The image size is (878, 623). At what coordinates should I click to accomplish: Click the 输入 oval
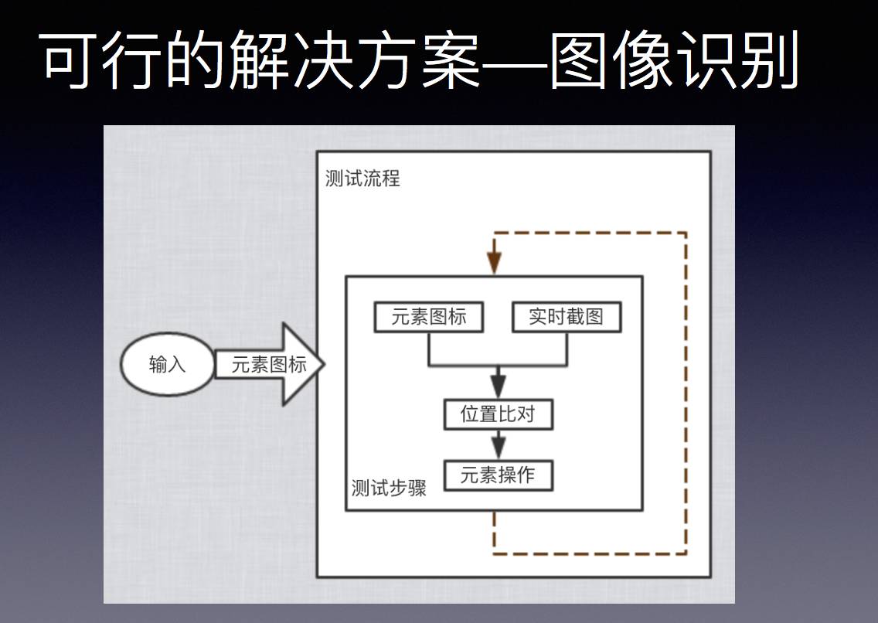(167, 365)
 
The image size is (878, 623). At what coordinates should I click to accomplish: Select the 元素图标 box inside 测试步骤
(429, 317)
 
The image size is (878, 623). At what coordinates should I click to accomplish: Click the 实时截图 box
(566, 317)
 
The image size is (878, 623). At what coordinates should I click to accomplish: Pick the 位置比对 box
(499, 414)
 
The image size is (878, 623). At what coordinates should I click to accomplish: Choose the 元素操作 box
(499, 475)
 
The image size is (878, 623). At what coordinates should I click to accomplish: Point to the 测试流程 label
(362, 179)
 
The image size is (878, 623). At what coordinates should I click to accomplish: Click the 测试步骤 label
(389, 489)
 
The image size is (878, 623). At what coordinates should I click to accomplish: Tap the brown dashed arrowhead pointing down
(494, 263)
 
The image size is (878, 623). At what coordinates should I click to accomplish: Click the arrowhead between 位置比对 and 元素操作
(499, 446)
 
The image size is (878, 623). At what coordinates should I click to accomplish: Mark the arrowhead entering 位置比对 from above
(499, 385)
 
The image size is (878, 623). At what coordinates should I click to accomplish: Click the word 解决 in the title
(274, 62)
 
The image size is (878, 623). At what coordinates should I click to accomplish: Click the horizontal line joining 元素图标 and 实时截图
(499, 364)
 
